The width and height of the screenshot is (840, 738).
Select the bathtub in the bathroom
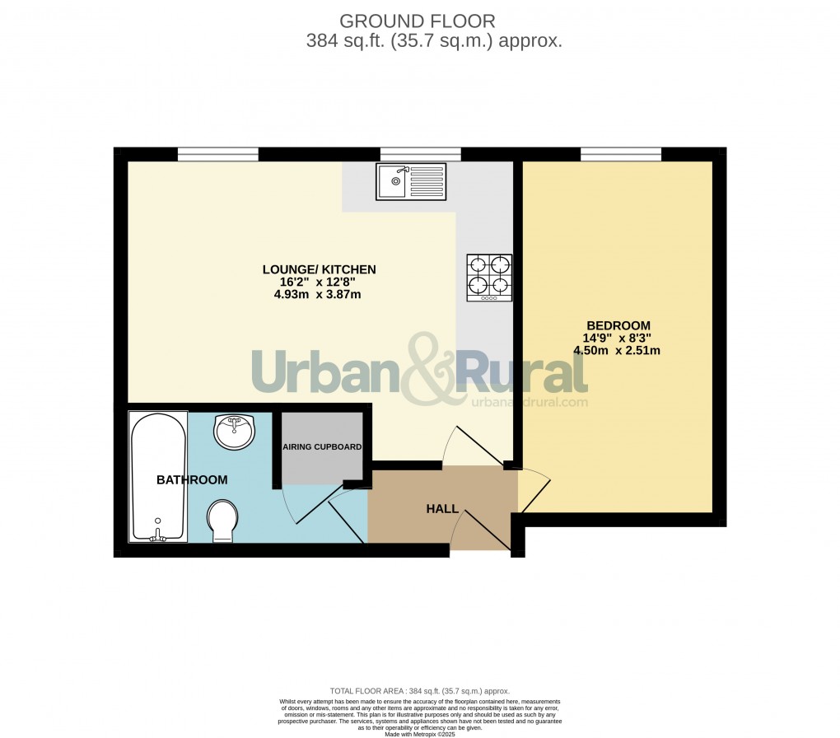pos(157,477)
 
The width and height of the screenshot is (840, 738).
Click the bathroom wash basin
pos(235,431)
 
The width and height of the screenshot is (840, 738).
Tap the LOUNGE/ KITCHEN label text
pos(319,269)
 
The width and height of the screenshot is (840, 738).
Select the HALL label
pos(442,509)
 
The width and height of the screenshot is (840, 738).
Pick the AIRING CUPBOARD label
pos(322,447)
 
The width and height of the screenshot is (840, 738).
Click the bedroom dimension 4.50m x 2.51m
pos(618,350)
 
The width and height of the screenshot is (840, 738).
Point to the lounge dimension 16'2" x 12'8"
pos(319,282)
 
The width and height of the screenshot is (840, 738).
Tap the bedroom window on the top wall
pos(621,154)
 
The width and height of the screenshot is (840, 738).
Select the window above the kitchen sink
pos(420,154)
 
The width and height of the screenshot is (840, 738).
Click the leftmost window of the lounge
pos(218,154)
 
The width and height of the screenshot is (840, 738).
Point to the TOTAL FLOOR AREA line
pos(420,691)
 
